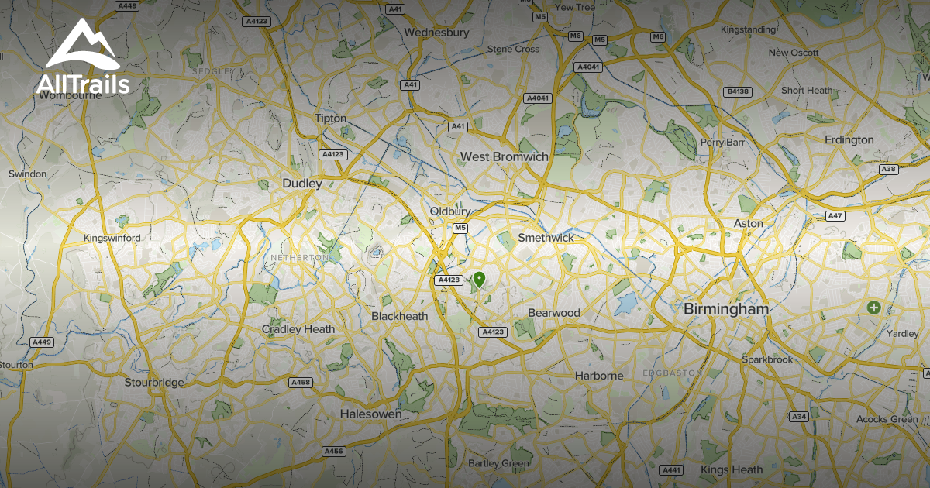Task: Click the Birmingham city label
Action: click(726, 309)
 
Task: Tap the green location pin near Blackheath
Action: click(480, 280)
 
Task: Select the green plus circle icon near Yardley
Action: click(874, 308)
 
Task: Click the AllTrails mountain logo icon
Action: click(81, 46)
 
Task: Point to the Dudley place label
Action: click(301, 184)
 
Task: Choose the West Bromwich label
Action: click(504, 156)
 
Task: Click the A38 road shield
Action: click(888, 169)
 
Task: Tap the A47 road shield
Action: click(835, 216)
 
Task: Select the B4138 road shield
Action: click(737, 91)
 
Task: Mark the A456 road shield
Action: click(333, 451)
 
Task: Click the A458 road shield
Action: click(300, 382)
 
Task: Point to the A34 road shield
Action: click(800, 417)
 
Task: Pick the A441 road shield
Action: click(670, 469)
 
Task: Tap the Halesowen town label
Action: click(371, 414)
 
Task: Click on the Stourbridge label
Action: click(154, 382)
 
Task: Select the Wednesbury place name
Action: click(437, 33)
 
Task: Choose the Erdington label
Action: click(849, 140)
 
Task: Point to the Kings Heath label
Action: click(731, 469)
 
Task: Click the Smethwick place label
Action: click(546, 238)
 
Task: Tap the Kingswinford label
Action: click(112, 238)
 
